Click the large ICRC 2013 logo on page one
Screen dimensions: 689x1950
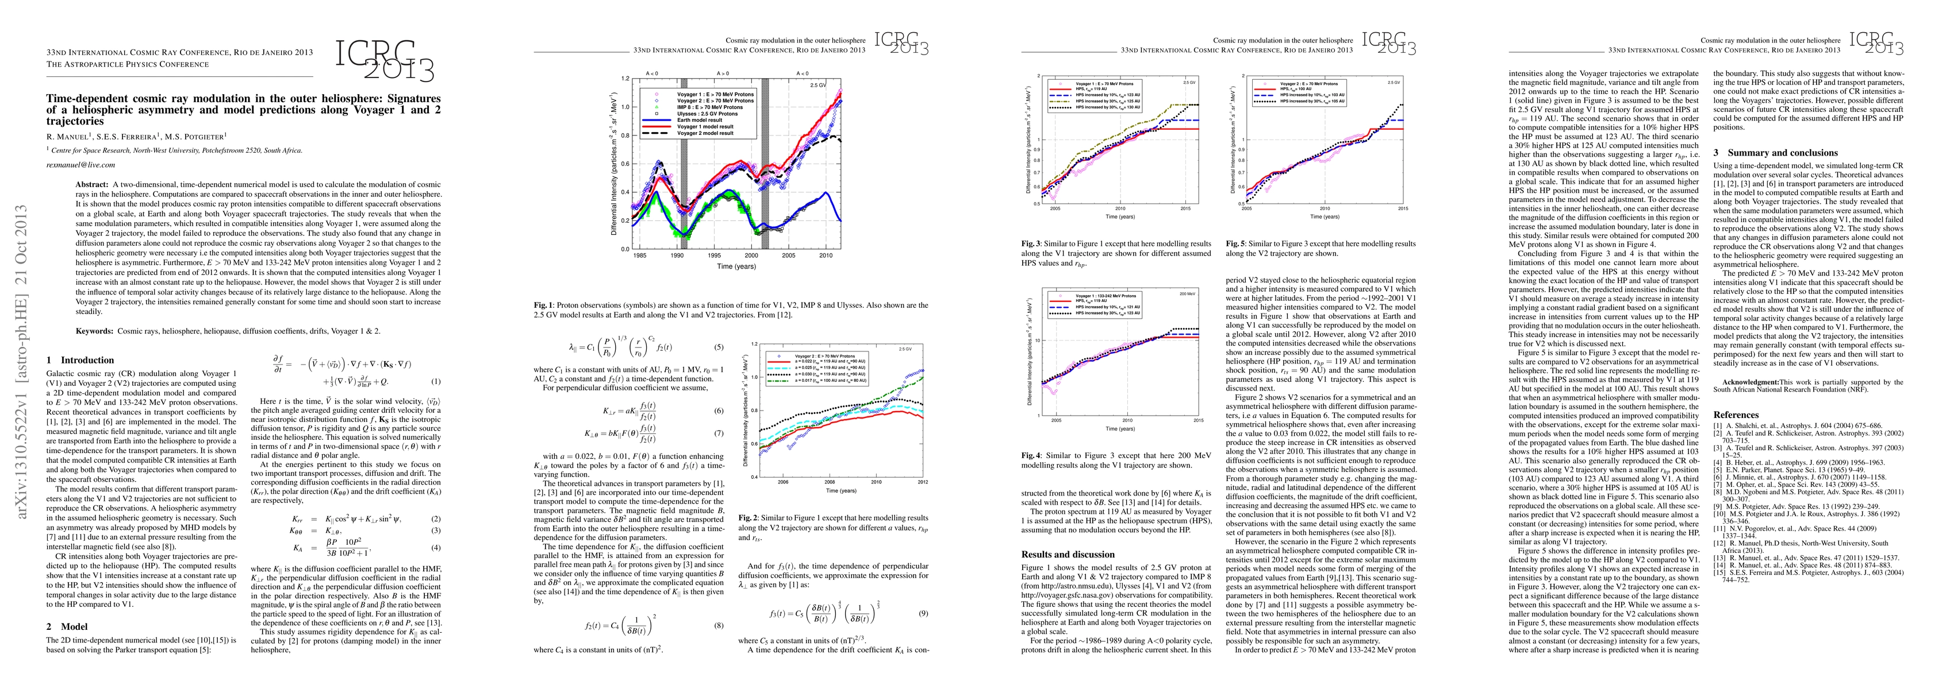pyautogui.click(x=385, y=59)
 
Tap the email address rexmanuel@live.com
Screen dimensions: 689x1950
pyautogui.click(x=80, y=164)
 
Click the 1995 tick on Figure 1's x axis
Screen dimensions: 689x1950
pyautogui.click(x=714, y=257)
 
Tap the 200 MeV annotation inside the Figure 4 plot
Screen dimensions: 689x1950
pyautogui.click(x=1187, y=293)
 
